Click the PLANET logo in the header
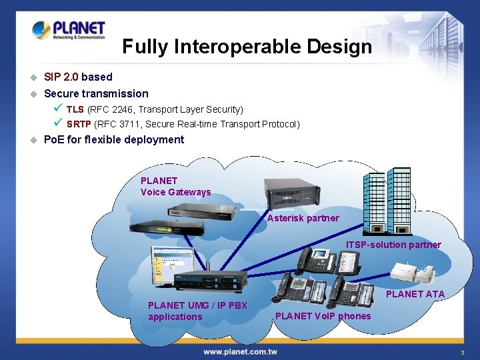tap(68, 30)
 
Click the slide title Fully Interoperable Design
tap(247, 47)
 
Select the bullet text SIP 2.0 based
tap(78, 77)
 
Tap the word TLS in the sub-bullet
tap(75, 109)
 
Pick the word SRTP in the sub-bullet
tap(79, 124)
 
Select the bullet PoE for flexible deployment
tap(113, 139)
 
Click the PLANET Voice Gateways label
tap(175, 186)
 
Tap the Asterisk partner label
tap(303, 218)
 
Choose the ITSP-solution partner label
tap(393, 245)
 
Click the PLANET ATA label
tap(415, 294)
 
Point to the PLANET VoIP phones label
tap(323, 316)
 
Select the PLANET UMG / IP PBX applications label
tap(197, 311)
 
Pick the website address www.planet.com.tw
tap(240, 351)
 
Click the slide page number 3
tap(461, 352)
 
